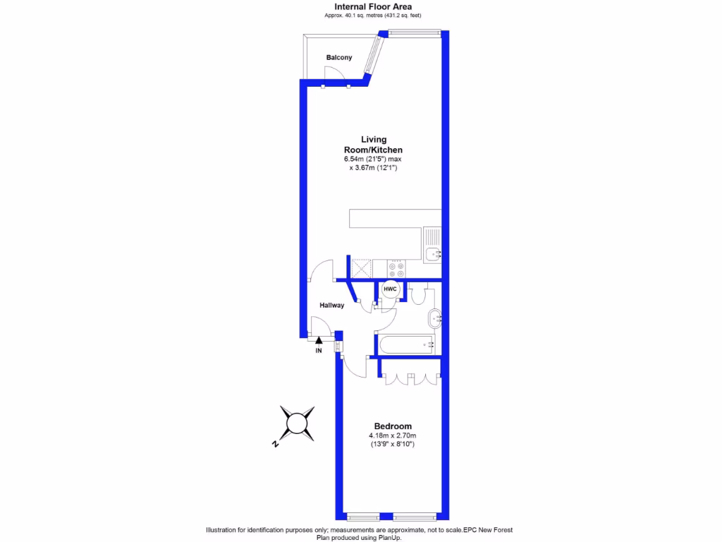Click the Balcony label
pos(339,57)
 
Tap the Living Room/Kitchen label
pos(373,145)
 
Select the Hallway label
pos(332,306)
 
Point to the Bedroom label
pos(393,426)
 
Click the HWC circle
pos(390,289)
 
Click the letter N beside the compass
pos(275,445)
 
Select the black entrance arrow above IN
pos(319,341)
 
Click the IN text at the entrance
pos(319,350)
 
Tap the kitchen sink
pos(432,253)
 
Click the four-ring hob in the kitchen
pos(396,269)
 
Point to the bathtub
pos(405,344)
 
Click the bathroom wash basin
pos(435,318)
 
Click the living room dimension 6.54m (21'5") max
pos(372,159)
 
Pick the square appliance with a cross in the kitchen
pos(362,269)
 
